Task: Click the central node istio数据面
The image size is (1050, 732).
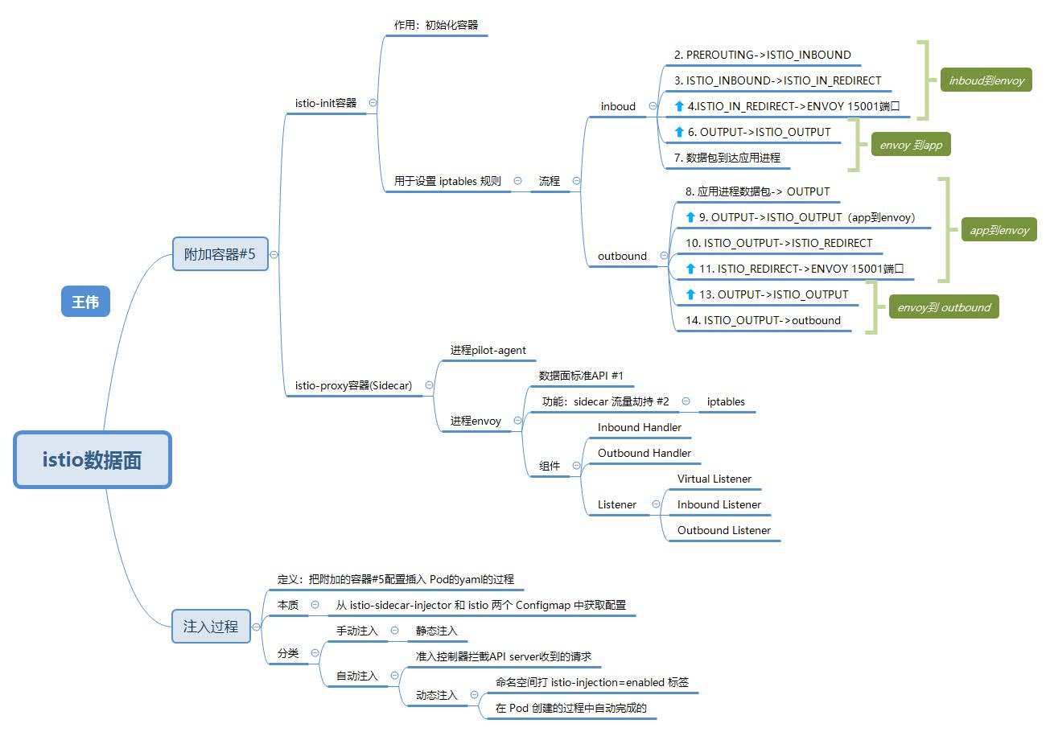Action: tap(93, 460)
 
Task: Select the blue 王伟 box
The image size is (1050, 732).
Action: tap(86, 302)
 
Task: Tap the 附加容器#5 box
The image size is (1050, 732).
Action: tap(220, 254)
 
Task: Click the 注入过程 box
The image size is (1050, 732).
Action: tap(211, 626)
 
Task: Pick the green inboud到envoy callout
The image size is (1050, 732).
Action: tap(986, 80)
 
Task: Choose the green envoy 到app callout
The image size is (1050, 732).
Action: tap(911, 144)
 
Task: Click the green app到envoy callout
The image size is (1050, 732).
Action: tap(999, 229)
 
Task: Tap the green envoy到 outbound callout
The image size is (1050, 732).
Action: tap(944, 307)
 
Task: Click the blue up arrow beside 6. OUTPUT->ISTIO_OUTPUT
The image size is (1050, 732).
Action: tap(679, 132)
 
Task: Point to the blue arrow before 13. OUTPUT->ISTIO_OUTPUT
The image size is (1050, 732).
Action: tap(690, 294)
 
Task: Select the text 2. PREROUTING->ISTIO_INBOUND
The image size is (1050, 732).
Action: tap(763, 55)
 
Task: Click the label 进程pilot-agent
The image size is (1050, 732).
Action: tap(488, 350)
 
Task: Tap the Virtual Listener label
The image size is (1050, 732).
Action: tap(714, 479)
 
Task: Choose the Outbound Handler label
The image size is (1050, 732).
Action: tap(644, 453)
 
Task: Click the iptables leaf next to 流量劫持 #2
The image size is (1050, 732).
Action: tap(726, 401)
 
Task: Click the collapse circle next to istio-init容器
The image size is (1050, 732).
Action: tap(373, 103)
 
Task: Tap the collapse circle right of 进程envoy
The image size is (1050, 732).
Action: tap(517, 421)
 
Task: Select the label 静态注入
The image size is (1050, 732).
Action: tap(436, 631)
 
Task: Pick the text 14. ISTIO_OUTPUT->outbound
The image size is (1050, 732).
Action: tap(763, 320)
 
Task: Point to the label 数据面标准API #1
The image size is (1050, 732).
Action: tap(581, 376)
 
